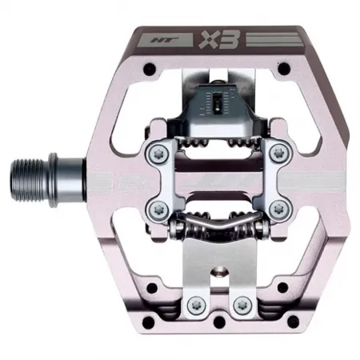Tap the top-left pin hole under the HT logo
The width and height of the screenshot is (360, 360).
click(x=151, y=77)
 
